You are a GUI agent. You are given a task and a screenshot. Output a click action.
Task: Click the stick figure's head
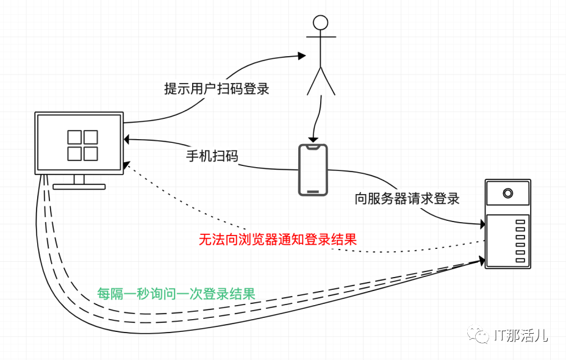click(x=320, y=23)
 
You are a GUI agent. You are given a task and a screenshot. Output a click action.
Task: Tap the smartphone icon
click(x=312, y=170)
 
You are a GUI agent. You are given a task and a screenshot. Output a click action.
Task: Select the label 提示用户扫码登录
click(x=217, y=88)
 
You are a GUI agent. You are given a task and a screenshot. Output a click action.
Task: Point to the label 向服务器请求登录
click(x=407, y=198)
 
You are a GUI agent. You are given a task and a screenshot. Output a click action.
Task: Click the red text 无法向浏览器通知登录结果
click(x=278, y=240)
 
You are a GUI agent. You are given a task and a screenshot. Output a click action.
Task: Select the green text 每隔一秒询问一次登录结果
click(x=176, y=293)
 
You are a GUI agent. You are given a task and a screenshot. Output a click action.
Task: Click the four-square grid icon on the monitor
click(x=82, y=145)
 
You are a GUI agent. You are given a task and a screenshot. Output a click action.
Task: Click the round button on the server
click(x=507, y=194)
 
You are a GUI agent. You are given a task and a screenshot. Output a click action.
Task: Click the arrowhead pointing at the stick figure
click(x=301, y=56)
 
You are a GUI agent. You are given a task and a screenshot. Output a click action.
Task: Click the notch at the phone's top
click(x=313, y=148)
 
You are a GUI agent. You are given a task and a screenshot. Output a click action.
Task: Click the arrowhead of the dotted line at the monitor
click(x=126, y=164)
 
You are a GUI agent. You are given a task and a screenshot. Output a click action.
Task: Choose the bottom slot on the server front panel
click(x=520, y=260)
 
